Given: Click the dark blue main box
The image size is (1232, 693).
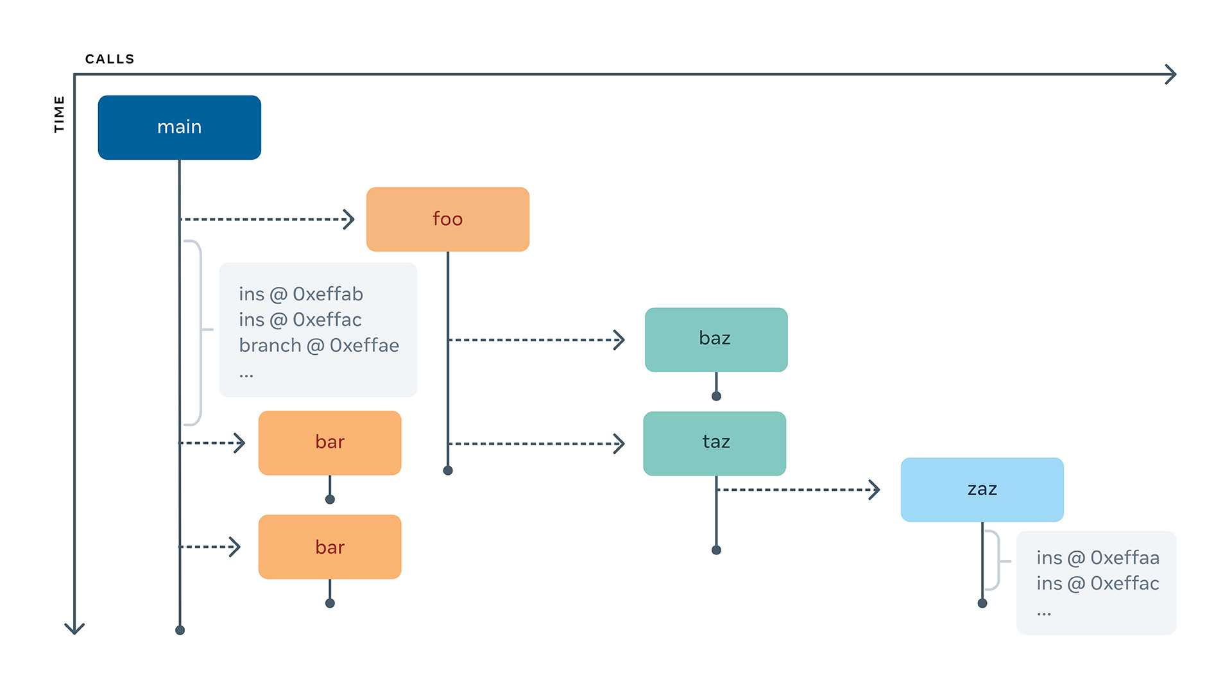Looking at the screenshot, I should (179, 127).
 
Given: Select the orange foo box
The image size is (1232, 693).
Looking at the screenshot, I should (447, 219).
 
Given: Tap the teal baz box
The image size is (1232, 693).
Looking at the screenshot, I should (715, 339).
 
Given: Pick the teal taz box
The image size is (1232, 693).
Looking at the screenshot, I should (714, 443).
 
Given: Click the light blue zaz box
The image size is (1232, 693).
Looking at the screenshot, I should (982, 489).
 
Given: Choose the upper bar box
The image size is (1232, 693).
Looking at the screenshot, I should (329, 443).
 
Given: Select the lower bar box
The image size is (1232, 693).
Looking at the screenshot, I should (329, 547).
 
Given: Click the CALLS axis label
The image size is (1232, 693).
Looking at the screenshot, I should (110, 59).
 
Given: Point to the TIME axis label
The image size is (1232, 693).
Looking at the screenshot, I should (59, 114).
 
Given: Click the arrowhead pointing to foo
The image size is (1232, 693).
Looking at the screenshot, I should (350, 219).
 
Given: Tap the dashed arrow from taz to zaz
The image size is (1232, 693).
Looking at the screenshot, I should (796, 490).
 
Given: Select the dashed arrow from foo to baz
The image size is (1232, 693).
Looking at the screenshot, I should (533, 339).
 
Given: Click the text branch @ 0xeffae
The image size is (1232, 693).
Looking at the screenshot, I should (319, 345).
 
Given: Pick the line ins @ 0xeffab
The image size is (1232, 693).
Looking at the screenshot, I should (301, 294).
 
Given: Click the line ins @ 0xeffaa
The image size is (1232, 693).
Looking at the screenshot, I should (1097, 558).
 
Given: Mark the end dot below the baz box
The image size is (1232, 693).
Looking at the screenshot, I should (716, 396).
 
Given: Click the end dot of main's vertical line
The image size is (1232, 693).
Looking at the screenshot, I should (180, 630).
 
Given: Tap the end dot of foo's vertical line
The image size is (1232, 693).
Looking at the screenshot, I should (448, 470).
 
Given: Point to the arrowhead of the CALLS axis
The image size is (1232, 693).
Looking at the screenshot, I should (1172, 74).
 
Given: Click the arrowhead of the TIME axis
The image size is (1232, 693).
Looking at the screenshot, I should (74, 629).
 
